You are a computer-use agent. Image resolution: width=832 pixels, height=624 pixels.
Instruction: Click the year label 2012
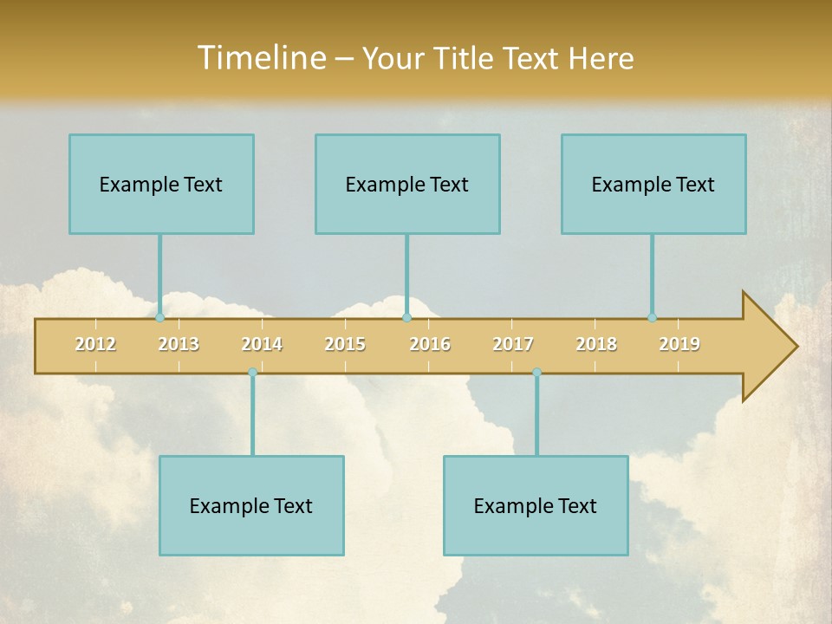pyautogui.click(x=95, y=344)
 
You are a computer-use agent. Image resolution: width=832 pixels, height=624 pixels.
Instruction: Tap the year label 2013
pyautogui.click(x=179, y=344)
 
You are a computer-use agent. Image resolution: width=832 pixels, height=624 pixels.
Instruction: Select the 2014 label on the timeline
pyautogui.click(x=262, y=344)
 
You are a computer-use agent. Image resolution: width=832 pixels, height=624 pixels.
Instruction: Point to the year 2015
pyautogui.click(x=345, y=344)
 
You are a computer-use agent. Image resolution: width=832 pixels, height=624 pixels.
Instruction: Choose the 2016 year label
pyautogui.click(x=430, y=344)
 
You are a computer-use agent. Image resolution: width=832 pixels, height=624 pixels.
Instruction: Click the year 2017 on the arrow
pyautogui.click(x=513, y=344)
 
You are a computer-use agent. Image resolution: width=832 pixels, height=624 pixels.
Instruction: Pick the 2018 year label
pyautogui.click(x=596, y=344)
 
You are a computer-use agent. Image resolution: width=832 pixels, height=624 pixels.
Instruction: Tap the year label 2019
pyautogui.click(x=679, y=344)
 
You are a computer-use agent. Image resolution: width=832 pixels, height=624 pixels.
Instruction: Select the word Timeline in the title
pyautogui.click(x=259, y=58)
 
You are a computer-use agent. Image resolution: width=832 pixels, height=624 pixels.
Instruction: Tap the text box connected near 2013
pyautogui.click(x=161, y=184)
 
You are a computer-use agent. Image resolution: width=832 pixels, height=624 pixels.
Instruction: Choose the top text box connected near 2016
pyautogui.click(x=407, y=184)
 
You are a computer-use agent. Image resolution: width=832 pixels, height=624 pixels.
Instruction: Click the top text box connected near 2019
pyautogui.click(x=653, y=184)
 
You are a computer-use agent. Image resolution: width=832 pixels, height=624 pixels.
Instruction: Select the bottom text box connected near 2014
pyautogui.click(x=251, y=505)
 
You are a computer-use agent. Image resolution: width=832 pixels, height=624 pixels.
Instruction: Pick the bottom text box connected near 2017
pyautogui.click(x=536, y=505)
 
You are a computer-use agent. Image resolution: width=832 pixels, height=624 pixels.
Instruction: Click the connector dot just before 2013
pyautogui.click(x=159, y=318)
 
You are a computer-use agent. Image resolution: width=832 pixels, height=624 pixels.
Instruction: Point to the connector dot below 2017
pyautogui.click(x=536, y=372)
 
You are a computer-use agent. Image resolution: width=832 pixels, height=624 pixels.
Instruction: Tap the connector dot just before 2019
pyautogui.click(x=652, y=318)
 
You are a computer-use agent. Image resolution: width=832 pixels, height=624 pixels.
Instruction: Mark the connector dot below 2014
pyautogui.click(x=252, y=372)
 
